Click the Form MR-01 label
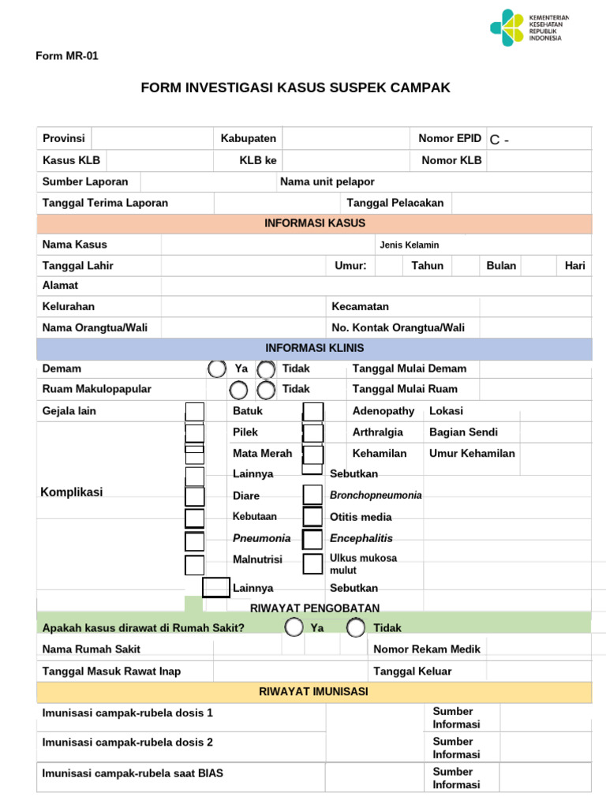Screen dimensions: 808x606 (67, 56)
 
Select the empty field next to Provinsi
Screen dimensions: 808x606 (151, 139)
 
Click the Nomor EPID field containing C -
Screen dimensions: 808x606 (538, 140)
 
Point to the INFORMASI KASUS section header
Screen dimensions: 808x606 (314, 223)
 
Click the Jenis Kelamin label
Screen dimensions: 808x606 (410, 245)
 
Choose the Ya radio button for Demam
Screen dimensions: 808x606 (216, 368)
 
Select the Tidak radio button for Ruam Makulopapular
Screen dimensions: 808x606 (266, 389)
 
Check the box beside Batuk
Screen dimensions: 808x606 (194, 412)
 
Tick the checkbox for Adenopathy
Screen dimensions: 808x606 (313, 412)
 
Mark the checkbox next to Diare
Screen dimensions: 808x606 (194, 496)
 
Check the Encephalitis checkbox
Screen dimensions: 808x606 (313, 539)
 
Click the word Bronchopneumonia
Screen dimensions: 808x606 (376, 496)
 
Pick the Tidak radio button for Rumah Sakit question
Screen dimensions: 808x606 (356, 627)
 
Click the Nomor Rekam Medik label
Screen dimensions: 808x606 (427, 649)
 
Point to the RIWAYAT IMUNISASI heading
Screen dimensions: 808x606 (314, 692)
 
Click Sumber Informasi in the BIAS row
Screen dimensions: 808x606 (456, 778)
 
